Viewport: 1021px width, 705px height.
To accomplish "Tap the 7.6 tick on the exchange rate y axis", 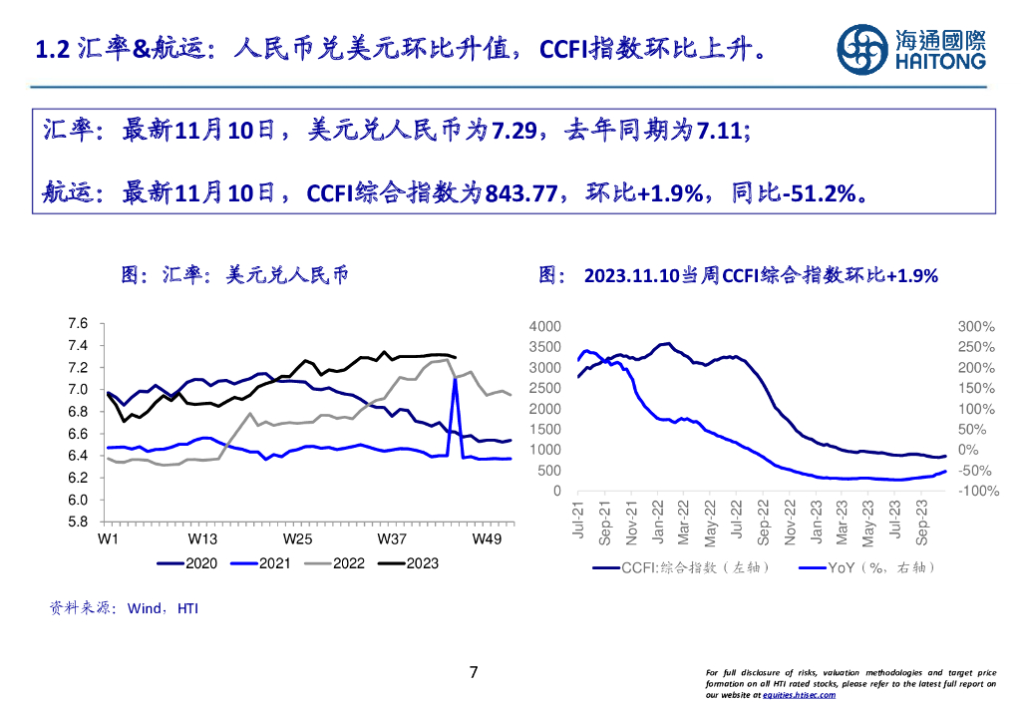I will tap(78, 323).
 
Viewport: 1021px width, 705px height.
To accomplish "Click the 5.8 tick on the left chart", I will tap(78, 522).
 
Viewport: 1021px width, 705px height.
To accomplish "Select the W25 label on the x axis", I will tap(297, 539).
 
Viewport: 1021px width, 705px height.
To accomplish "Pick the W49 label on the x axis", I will tap(487, 539).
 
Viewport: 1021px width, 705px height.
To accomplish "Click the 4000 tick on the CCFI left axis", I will tap(545, 327).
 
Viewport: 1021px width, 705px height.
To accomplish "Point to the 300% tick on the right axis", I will tap(976, 327).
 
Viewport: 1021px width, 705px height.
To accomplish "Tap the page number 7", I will tap(474, 672).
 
